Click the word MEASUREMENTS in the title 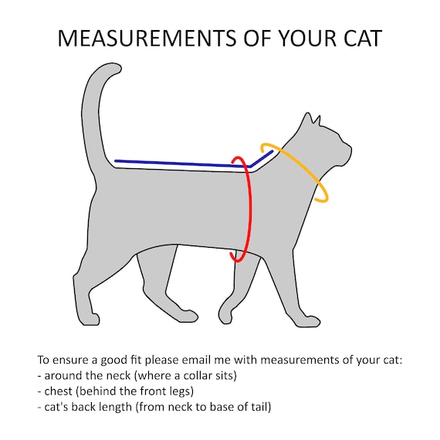coord(147,38)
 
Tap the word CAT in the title coord(363,38)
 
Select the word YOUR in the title coord(307,38)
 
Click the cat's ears coord(313,119)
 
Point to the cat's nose coord(350,147)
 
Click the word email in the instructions coord(197,360)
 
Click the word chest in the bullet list coord(58,391)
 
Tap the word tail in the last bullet coord(259,407)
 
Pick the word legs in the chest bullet coord(180,391)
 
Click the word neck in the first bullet coord(119,375)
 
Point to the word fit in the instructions coord(137,360)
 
